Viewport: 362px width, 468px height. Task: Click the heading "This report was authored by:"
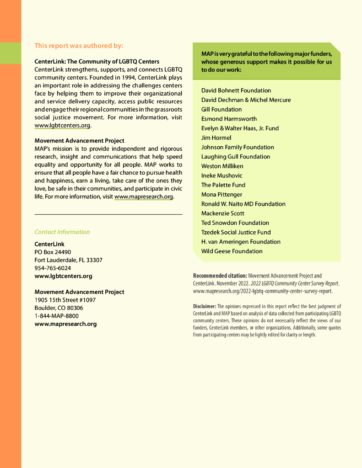(x=79, y=46)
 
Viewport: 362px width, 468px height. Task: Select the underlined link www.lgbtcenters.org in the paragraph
(x=62, y=126)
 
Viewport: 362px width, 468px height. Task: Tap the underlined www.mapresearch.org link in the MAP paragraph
(x=144, y=197)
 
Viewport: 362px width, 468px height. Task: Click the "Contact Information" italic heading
(x=62, y=232)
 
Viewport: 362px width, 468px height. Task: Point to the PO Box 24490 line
(x=53, y=252)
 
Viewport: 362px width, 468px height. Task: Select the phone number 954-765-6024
(x=53, y=268)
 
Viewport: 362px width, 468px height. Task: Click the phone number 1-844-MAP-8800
(x=56, y=316)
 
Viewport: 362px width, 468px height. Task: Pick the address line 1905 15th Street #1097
(x=65, y=300)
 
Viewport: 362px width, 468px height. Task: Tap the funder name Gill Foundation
(x=222, y=109)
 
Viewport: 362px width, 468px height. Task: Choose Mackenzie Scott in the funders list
(x=223, y=213)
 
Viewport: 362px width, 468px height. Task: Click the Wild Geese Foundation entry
(x=232, y=251)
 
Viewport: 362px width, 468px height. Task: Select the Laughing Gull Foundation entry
(x=236, y=157)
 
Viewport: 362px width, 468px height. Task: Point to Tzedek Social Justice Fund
(x=236, y=232)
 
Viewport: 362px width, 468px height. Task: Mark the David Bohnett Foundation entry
(x=236, y=90)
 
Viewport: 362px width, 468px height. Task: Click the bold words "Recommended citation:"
(x=220, y=276)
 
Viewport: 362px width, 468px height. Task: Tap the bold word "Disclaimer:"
(x=205, y=306)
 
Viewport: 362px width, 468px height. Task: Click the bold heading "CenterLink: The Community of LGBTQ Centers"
(x=97, y=61)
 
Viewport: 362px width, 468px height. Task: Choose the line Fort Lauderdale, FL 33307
(x=69, y=260)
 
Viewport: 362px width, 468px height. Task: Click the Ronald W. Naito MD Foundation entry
(x=243, y=204)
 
